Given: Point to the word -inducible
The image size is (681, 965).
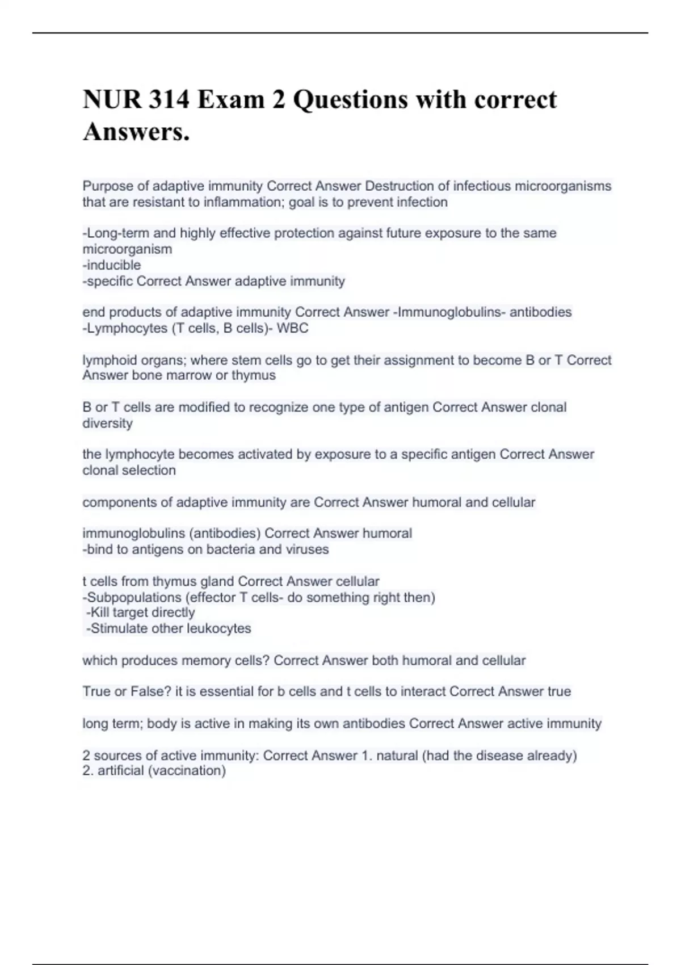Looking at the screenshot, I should point(112,265).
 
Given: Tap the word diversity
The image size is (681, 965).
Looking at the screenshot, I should point(108,423).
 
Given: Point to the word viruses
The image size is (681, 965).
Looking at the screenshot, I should point(308,549).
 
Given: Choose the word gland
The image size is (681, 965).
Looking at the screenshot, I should point(217,581).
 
